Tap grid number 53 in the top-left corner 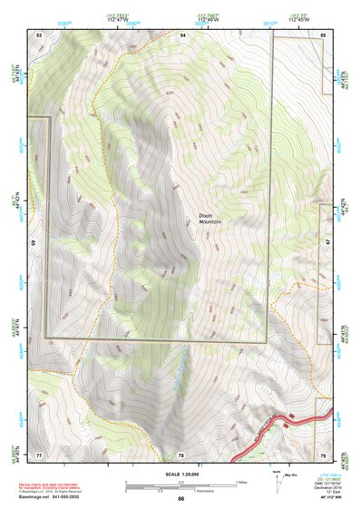point(40,34)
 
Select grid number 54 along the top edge point(182,34)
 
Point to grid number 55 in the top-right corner point(323,34)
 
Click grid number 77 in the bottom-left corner point(40,454)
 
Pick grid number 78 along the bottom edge point(181,454)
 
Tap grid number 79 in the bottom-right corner point(323,454)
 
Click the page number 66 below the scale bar point(181,498)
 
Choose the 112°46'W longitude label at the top point(207,19)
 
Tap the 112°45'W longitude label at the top point(296,19)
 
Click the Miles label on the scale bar point(240,480)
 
